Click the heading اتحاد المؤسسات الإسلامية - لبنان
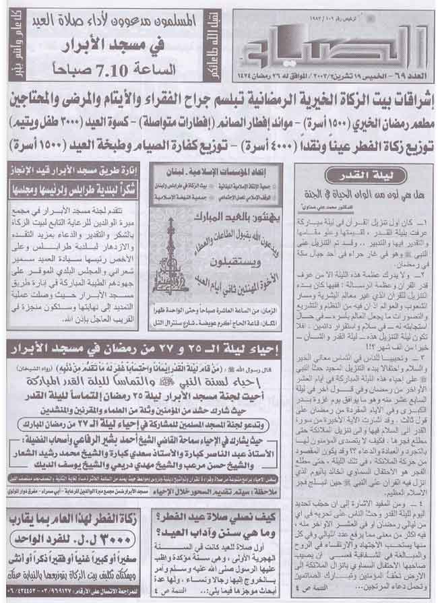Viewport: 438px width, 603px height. coord(215,173)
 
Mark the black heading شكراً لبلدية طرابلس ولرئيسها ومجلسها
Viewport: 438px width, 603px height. coord(75,186)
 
